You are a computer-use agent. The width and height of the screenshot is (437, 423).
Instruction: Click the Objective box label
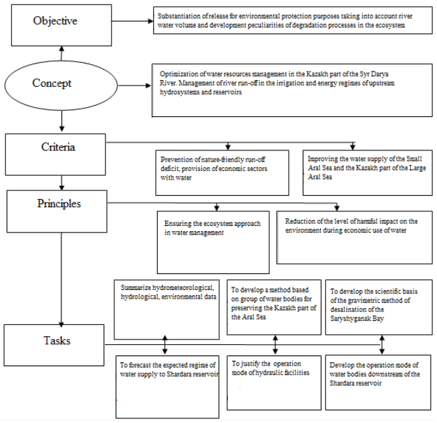tap(55, 21)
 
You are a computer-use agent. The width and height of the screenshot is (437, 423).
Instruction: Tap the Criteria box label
tap(58, 147)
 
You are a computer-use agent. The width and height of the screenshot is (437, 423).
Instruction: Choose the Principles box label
tap(59, 204)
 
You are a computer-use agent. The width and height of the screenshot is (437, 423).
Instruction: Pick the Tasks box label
tap(57, 341)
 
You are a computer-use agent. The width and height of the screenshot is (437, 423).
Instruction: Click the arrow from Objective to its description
tap(132, 21)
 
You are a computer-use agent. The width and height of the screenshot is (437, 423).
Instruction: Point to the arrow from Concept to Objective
tap(61, 53)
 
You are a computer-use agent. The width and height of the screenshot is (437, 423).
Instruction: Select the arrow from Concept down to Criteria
tap(61, 121)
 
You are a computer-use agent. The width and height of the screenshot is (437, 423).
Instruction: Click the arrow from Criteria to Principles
tap(61, 183)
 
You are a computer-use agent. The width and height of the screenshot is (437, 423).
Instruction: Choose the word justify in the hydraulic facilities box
tap(250, 364)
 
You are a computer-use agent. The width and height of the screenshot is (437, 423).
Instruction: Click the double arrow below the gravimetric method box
tap(382, 344)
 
